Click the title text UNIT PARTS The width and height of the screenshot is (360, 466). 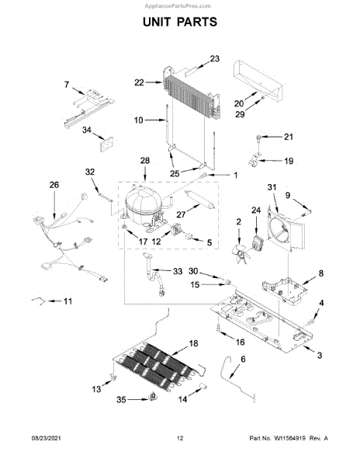[180, 22]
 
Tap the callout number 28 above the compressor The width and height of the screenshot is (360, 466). [145, 161]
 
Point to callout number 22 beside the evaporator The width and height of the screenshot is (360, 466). [139, 82]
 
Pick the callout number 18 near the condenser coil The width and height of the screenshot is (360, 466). [193, 343]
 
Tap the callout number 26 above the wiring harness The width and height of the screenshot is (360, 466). [54, 185]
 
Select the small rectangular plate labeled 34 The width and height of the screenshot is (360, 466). [106, 144]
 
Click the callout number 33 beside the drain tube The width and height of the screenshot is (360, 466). [178, 271]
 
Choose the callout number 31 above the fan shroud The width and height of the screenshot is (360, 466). [272, 187]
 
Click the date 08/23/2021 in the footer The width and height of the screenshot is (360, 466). [46, 438]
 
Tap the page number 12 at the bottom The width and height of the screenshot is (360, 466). [180, 438]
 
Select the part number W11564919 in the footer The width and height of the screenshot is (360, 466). [290, 438]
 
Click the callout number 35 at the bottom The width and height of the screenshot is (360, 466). [121, 400]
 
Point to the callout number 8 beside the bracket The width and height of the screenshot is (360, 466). [321, 273]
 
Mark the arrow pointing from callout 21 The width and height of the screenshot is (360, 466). [272, 137]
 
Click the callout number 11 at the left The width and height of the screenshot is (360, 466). [68, 301]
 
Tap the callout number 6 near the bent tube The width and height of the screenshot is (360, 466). [243, 360]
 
